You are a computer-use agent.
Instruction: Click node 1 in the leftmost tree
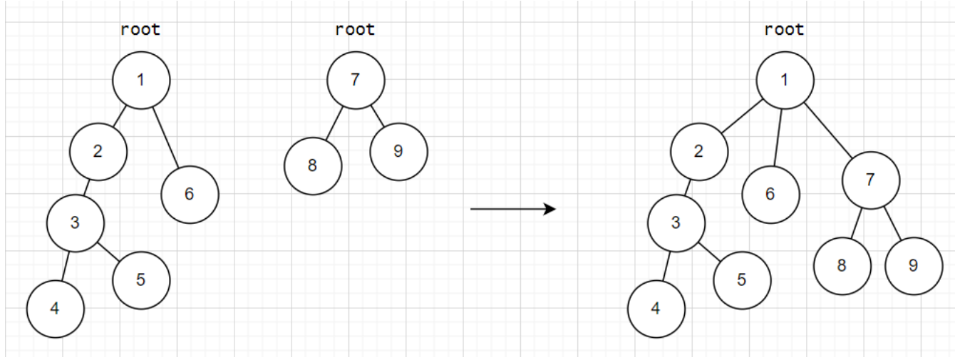click(x=141, y=80)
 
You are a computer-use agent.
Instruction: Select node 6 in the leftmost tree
click(x=190, y=194)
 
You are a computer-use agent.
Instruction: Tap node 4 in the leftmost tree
click(x=56, y=309)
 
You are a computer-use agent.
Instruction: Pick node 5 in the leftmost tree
click(x=141, y=279)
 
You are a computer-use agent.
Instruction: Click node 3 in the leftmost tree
click(x=76, y=222)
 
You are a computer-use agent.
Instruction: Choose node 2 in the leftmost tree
click(x=98, y=151)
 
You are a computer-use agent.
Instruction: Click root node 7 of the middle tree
click(x=356, y=80)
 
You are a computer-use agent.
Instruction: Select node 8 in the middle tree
click(x=313, y=166)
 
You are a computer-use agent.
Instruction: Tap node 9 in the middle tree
click(x=398, y=151)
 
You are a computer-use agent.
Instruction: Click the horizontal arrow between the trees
click(x=512, y=209)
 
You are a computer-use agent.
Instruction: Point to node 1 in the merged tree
click(x=785, y=80)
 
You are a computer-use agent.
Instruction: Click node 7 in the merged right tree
click(x=870, y=180)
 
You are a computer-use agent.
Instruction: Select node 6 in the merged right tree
click(x=770, y=195)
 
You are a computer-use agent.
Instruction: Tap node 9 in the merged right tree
click(x=914, y=266)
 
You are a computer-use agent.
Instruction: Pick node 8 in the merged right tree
click(x=842, y=266)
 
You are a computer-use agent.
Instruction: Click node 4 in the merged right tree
click(x=656, y=309)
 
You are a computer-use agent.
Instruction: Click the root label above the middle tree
click(x=355, y=30)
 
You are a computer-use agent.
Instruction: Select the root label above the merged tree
click(x=784, y=30)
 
